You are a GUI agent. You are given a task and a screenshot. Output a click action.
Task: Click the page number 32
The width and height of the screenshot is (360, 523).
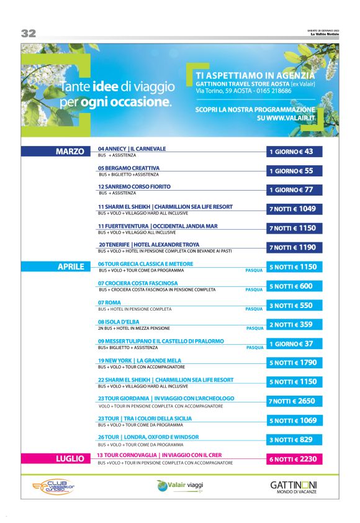28,33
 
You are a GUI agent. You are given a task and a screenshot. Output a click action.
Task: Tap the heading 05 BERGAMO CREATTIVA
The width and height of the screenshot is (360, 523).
128,168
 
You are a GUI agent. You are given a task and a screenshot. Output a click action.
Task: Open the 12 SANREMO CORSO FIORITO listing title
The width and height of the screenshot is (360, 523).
134,186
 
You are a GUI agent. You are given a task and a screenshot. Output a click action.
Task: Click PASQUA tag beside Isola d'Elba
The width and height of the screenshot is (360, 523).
255,328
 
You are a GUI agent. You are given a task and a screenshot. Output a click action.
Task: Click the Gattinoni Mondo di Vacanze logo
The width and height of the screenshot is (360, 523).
294,486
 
